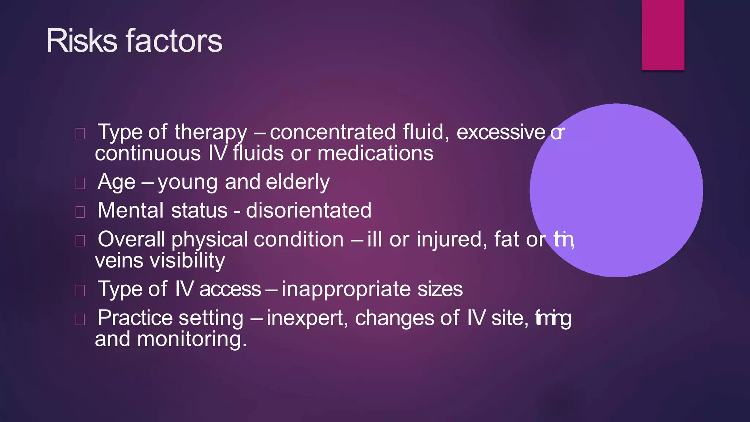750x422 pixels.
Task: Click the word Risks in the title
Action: tap(81, 41)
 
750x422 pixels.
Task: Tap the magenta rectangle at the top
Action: tap(663, 35)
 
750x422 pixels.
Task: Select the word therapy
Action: tap(211, 133)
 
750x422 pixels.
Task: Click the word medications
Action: tap(375, 153)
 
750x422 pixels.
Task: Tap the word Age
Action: tap(116, 182)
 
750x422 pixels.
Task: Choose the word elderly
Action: tap(297, 182)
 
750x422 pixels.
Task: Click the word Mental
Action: tap(130, 211)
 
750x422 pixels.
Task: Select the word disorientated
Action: tap(308, 211)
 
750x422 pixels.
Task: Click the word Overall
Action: tap(131, 239)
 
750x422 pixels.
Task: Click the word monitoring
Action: tap(192, 339)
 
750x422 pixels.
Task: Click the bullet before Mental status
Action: tap(80, 212)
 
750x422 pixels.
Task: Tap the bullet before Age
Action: tap(80, 183)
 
